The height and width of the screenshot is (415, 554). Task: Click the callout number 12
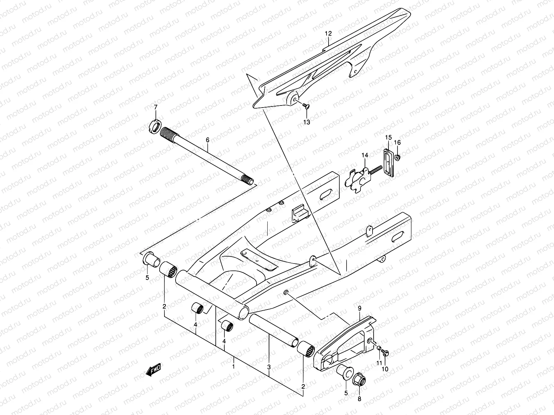[x=328, y=34]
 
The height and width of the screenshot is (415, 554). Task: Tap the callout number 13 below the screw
[x=307, y=122]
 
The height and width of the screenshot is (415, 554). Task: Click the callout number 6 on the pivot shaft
[x=207, y=140]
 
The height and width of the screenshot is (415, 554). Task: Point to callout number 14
[x=364, y=156]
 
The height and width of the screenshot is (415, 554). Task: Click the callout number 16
[x=397, y=142]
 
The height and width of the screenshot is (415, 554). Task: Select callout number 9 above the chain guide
[x=359, y=308]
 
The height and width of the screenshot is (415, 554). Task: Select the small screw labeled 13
[x=305, y=107]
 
